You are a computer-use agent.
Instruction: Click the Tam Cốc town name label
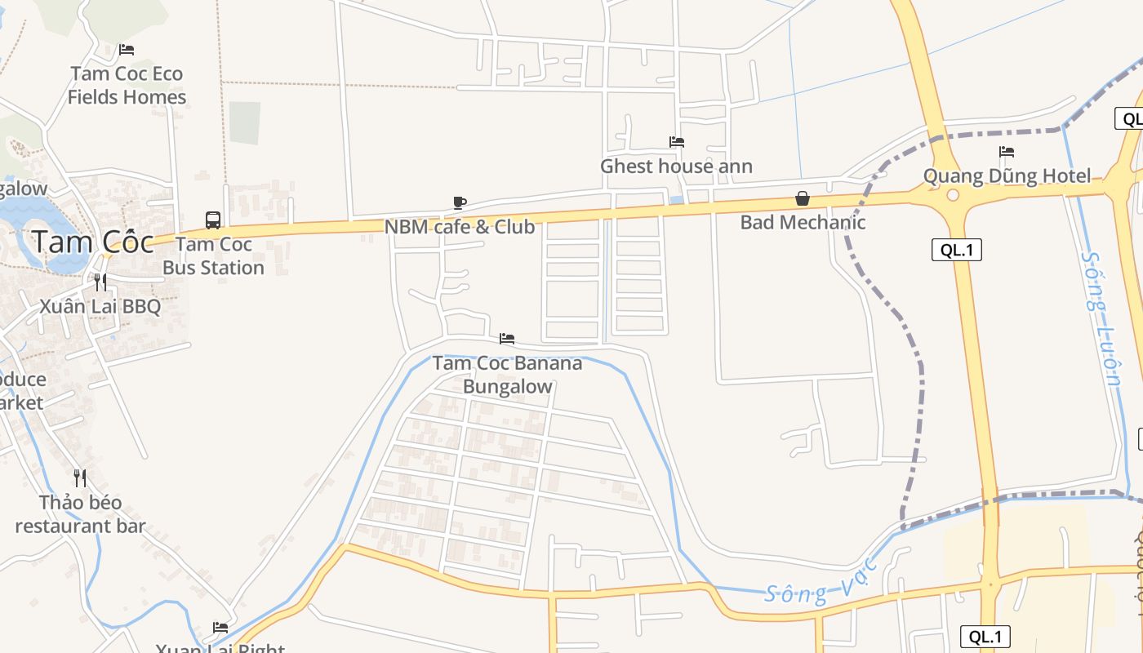(92, 242)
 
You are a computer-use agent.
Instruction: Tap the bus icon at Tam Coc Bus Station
(213, 220)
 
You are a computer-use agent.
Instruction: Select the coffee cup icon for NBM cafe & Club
(460, 202)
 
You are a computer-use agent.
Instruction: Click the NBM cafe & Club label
(460, 227)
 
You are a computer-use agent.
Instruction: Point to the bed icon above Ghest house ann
(677, 142)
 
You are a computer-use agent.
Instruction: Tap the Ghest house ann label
(676, 167)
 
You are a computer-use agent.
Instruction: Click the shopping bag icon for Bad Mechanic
(803, 198)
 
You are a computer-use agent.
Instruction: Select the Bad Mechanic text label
(803, 222)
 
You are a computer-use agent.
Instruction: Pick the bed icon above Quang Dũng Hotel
(1007, 152)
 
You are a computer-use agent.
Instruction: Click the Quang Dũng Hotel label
(1007, 176)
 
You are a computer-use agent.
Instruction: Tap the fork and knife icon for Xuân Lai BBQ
(100, 282)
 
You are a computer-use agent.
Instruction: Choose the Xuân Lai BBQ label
(100, 307)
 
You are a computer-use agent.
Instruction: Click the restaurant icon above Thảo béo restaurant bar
(80, 478)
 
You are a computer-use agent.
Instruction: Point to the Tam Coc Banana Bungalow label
(508, 375)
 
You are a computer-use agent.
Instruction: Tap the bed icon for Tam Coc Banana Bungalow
(507, 339)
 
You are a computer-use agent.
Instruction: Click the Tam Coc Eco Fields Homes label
(127, 85)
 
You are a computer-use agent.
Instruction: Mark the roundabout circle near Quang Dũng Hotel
(953, 195)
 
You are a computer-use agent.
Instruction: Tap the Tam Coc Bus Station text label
(213, 255)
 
